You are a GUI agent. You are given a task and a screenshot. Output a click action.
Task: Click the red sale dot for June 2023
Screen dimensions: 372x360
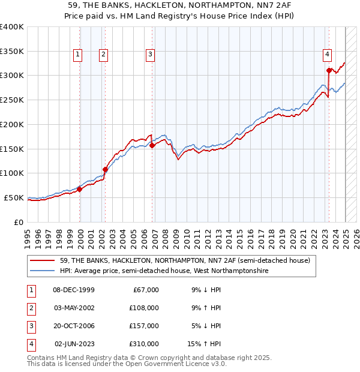click(x=329, y=70)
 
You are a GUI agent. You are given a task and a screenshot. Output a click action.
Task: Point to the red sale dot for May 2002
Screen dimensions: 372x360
click(x=105, y=169)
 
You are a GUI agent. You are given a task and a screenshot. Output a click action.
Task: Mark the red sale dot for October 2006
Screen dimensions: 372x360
click(x=152, y=145)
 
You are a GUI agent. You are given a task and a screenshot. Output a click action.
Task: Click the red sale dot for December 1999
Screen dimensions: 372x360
click(x=80, y=189)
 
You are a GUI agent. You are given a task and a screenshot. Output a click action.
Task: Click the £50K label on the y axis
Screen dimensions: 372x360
click(x=14, y=197)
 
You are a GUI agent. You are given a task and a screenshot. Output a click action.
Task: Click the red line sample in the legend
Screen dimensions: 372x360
click(x=43, y=260)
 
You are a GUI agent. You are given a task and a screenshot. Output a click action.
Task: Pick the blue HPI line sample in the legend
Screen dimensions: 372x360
click(x=43, y=271)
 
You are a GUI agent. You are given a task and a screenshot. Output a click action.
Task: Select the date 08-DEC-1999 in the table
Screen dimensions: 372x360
click(x=74, y=290)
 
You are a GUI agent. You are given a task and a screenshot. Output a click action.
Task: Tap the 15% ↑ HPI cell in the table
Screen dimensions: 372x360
click(x=205, y=344)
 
